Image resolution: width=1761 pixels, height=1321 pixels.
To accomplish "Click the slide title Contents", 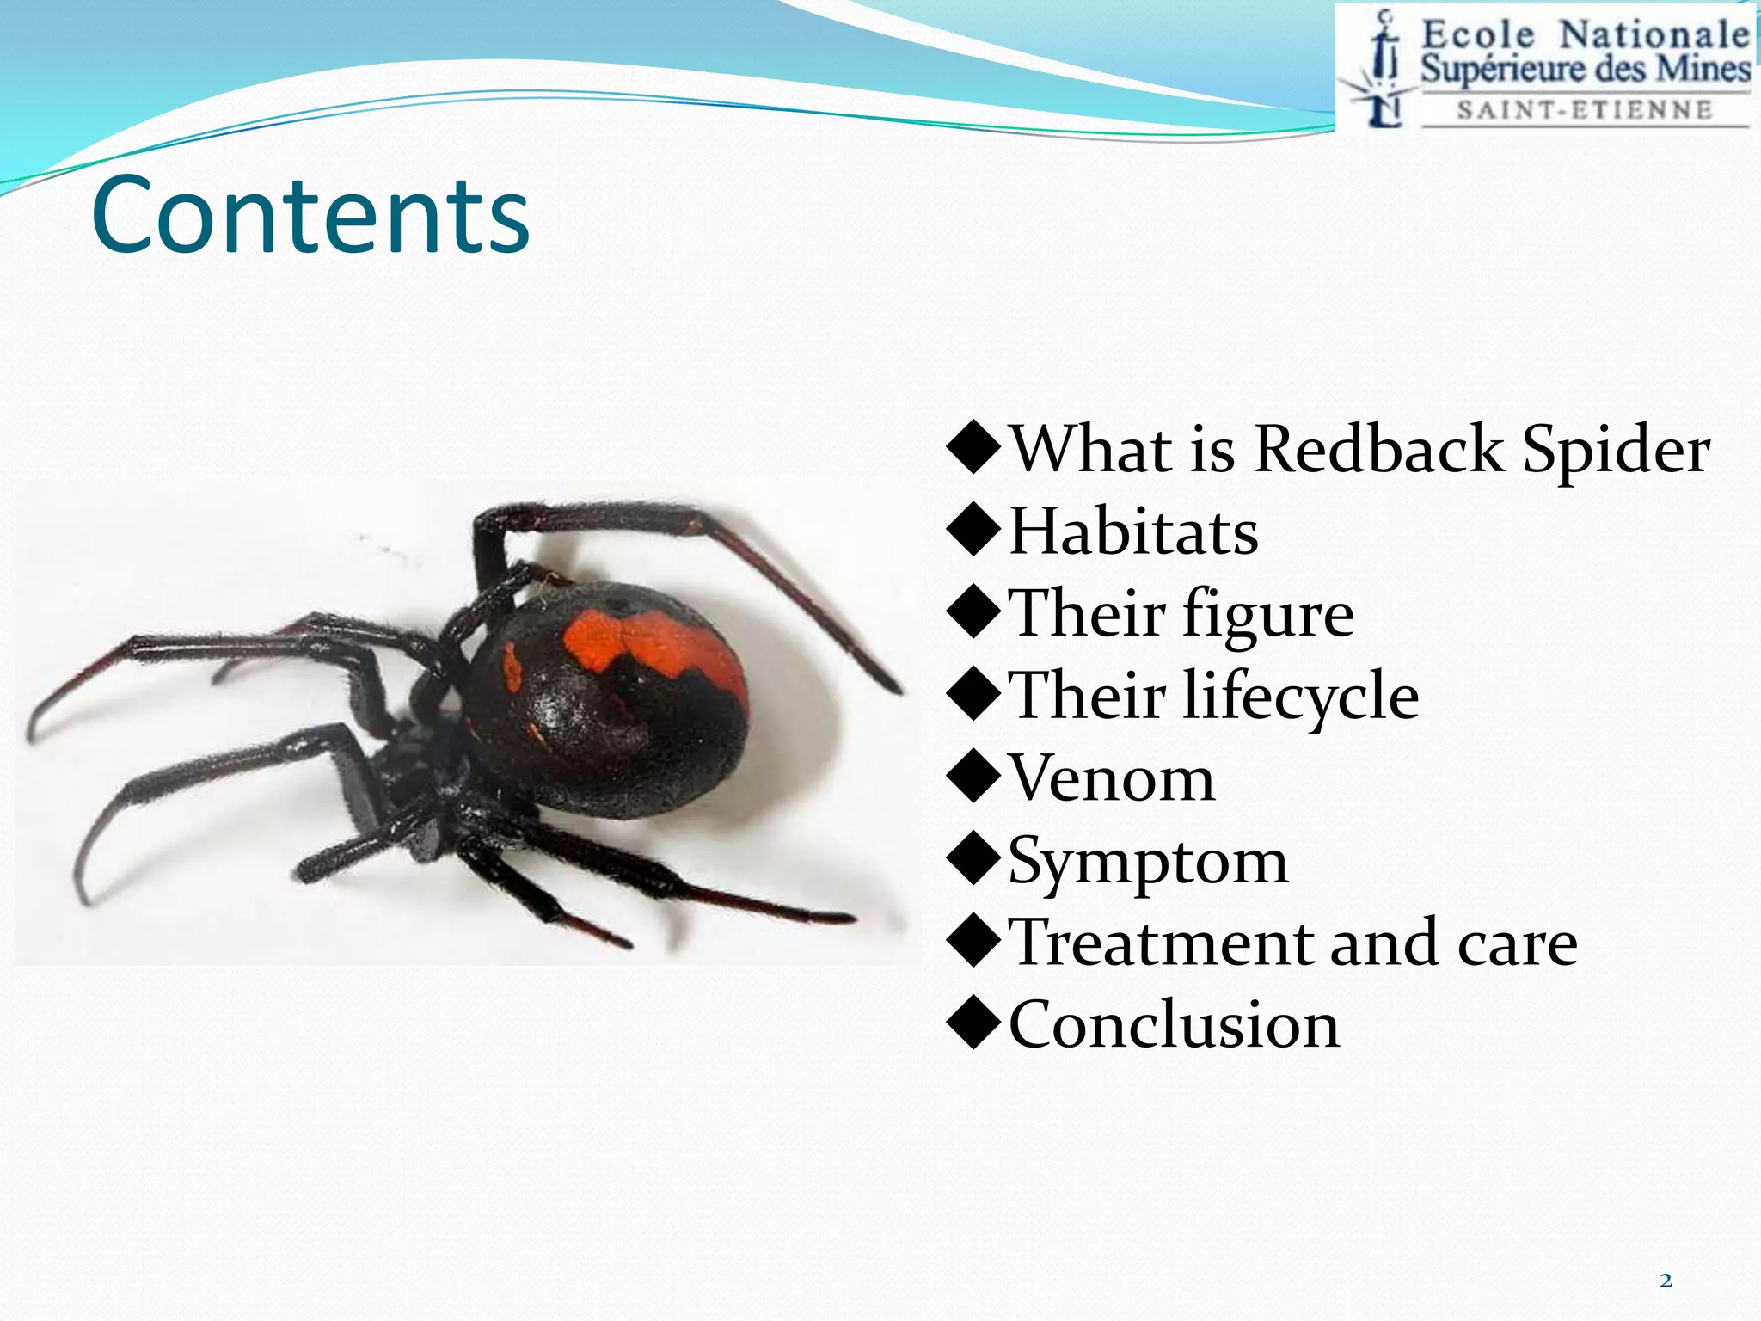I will pyautogui.click(x=310, y=215).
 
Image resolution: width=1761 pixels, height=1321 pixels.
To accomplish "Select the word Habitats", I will pyautogui.click(x=1132, y=531).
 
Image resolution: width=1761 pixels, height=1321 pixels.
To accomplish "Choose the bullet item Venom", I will pyautogui.click(x=1111, y=778).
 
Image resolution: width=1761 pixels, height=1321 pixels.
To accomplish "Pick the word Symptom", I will pyautogui.click(x=1147, y=862).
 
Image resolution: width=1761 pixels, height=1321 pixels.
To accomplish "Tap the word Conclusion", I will pyautogui.click(x=1174, y=1025).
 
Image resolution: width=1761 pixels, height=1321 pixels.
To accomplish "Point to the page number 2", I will pyautogui.click(x=1666, y=1281).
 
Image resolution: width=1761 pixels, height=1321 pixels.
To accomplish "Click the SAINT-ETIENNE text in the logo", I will pyautogui.click(x=1585, y=110).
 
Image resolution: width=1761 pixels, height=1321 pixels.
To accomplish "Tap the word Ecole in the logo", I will pyautogui.click(x=1477, y=35).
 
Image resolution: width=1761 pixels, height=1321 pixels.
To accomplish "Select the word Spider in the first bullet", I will pyautogui.click(x=1616, y=451).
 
